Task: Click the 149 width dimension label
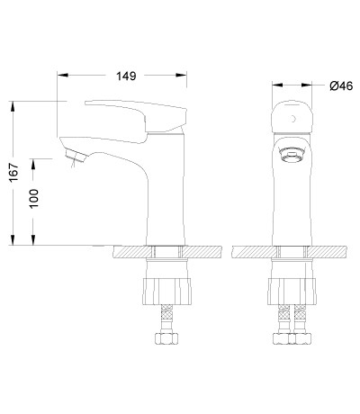[x=126, y=76]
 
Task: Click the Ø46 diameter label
[x=341, y=85]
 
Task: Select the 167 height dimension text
[x=13, y=172]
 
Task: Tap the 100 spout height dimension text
[x=33, y=198]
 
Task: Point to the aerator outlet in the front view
[x=292, y=155]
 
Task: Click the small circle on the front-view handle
[x=292, y=119]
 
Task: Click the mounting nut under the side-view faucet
[x=166, y=292]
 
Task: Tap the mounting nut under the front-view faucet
[x=292, y=292]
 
